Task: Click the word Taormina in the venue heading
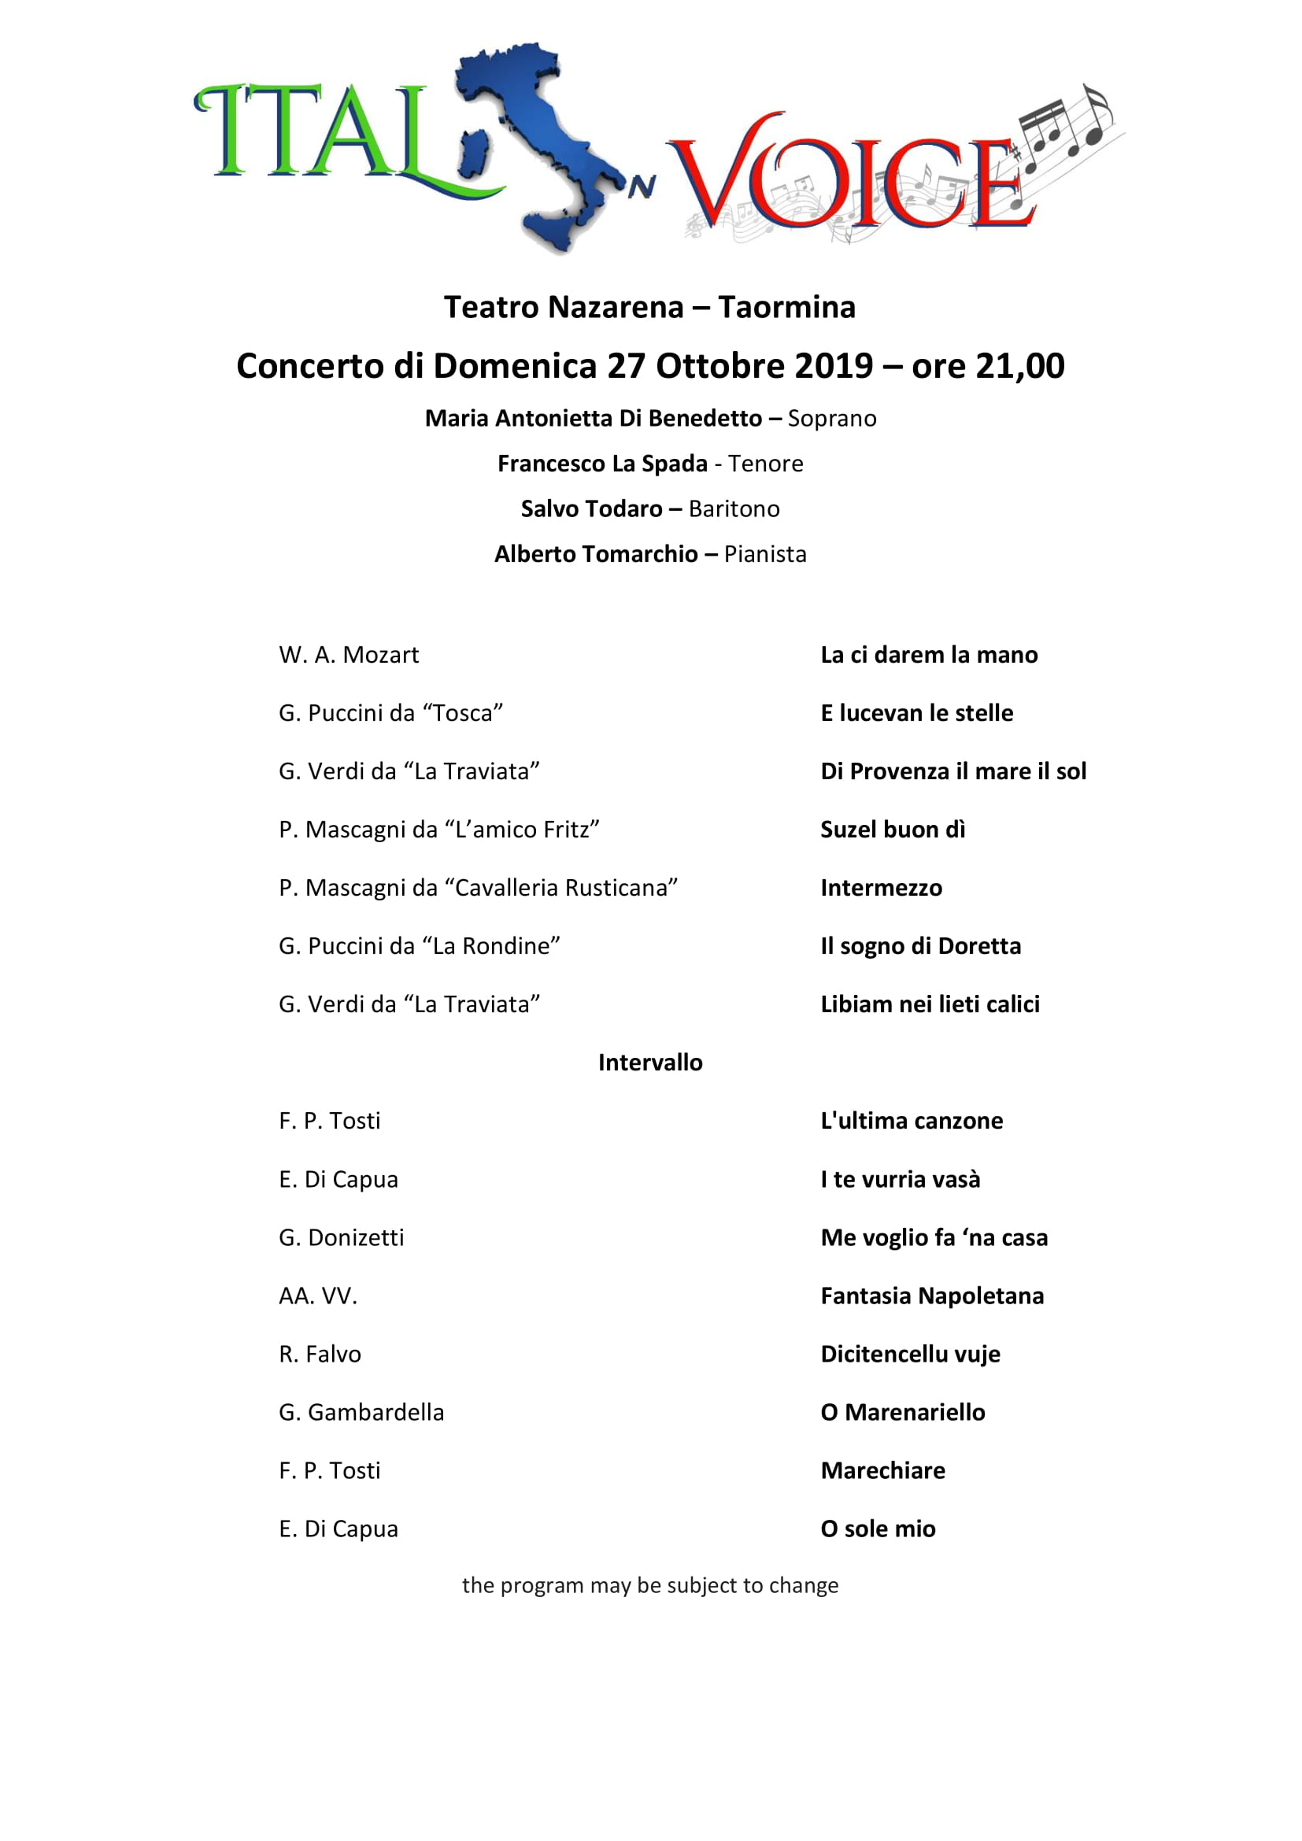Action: pyautogui.click(x=786, y=307)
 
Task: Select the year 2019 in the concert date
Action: pyautogui.click(x=833, y=367)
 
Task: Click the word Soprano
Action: pyautogui.click(x=831, y=419)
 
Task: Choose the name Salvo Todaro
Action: pyautogui.click(x=592, y=509)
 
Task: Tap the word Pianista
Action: pyautogui.click(x=765, y=554)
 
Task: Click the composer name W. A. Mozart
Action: pyautogui.click(x=349, y=655)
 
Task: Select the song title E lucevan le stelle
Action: pyautogui.click(x=916, y=713)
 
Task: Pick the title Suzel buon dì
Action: pyautogui.click(x=893, y=830)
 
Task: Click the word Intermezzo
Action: pyautogui.click(x=881, y=888)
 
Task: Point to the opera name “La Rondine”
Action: pyautogui.click(x=490, y=946)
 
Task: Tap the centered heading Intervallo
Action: pyautogui.click(x=650, y=1063)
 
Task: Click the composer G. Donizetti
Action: pyautogui.click(x=342, y=1237)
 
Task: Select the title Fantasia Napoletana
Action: pyautogui.click(x=931, y=1296)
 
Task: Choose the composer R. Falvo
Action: pyautogui.click(x=320, y=1355)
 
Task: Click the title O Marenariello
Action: pyautogui.click(x=903, y=1412)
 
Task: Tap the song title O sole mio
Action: pyautogui.click(x=878, y=1529)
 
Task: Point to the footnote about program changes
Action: pyautogui.click(x=650, y=1585)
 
